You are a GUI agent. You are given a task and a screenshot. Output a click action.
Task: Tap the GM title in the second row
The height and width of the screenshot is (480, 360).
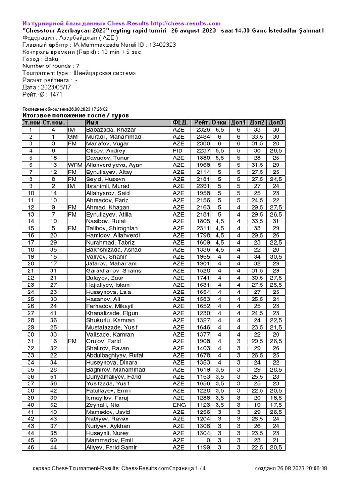click(x=73, y=137)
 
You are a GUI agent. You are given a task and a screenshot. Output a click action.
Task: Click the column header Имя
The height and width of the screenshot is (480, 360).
click(x=92, y=123)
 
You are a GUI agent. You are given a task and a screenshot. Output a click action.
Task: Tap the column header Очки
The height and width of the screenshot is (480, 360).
click(x=219, y=123)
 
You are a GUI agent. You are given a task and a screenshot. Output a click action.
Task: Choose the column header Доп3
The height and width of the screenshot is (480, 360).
click(x=276, y=123)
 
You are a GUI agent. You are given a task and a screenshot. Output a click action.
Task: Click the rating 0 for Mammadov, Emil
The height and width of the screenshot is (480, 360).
click(x=206, y=441)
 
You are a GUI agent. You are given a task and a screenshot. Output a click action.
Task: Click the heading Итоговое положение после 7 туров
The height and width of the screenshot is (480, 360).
click(x=76, y=115)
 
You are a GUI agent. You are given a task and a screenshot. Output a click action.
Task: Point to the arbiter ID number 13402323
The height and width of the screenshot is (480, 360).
click(x=158, y=45)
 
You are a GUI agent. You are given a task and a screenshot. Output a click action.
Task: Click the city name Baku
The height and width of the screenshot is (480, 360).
click(x=52, y=59)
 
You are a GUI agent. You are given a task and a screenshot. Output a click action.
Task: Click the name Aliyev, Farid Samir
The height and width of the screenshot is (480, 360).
click(x=112, y=448)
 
